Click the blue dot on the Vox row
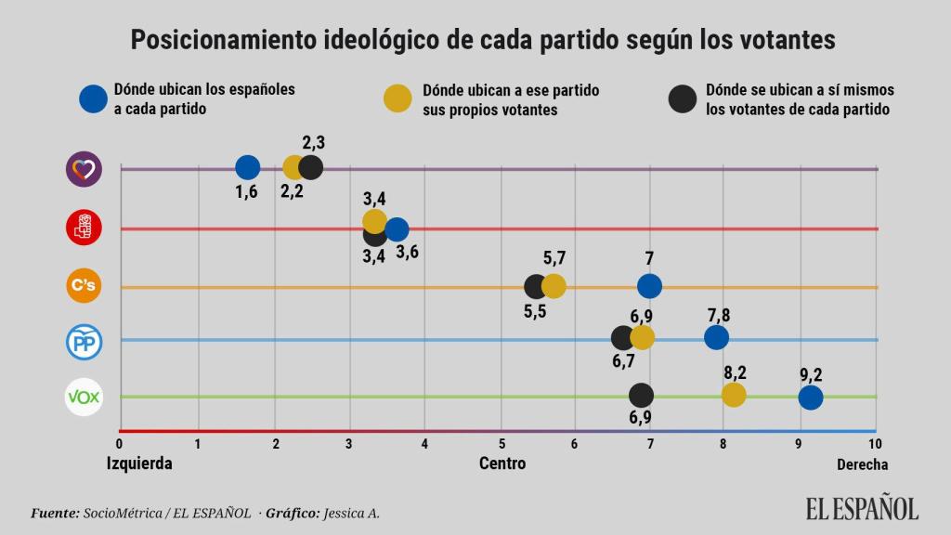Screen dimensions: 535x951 [810, 398]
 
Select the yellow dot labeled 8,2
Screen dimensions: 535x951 [734, 395]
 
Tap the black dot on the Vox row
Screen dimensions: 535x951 [641, 396]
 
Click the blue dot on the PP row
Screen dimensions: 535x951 [716, 337]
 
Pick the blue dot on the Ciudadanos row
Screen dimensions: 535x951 [649, 286]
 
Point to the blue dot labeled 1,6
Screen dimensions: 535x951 [247, 167]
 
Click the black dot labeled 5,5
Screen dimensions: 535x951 [535, 287]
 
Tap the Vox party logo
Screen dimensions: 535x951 [83, 398]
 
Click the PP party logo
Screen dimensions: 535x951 [83, 342]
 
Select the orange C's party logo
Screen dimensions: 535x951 [83, 285]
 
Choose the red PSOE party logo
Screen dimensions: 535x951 [83, 227]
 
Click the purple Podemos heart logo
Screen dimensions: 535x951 [83, 169]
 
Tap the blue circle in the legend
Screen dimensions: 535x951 [93, 99]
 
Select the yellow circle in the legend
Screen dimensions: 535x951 [397, 99]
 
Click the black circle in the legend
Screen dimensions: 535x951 [683, 99]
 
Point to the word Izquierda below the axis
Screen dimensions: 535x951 [139, 463]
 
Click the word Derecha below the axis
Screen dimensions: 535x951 [862, 463]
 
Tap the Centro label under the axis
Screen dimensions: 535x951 [502, 463]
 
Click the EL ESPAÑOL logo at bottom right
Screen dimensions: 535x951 [862, 508]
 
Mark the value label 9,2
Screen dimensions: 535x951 [811, 376]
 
